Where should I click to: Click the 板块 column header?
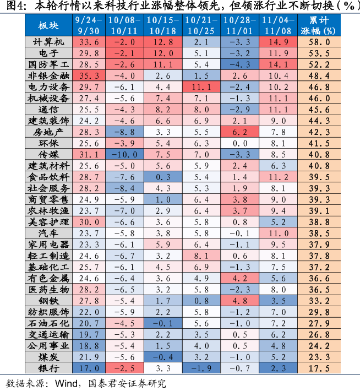[x=48, y=25]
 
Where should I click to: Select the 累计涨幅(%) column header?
[x=323, y=25]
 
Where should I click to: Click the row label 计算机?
[x=48, y=42]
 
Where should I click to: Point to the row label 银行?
[x=48, y=367]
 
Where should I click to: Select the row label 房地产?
[x=48, y=132]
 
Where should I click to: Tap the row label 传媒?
[x=48, y=154]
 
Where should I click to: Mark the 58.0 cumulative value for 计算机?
[x=323, y=42]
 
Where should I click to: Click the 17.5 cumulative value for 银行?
[x=323, y=367]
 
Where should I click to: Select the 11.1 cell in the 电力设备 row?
[x=201, y=87]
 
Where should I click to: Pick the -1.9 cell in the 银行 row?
[x=201, y=367]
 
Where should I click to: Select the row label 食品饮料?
[x=48, y=177]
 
